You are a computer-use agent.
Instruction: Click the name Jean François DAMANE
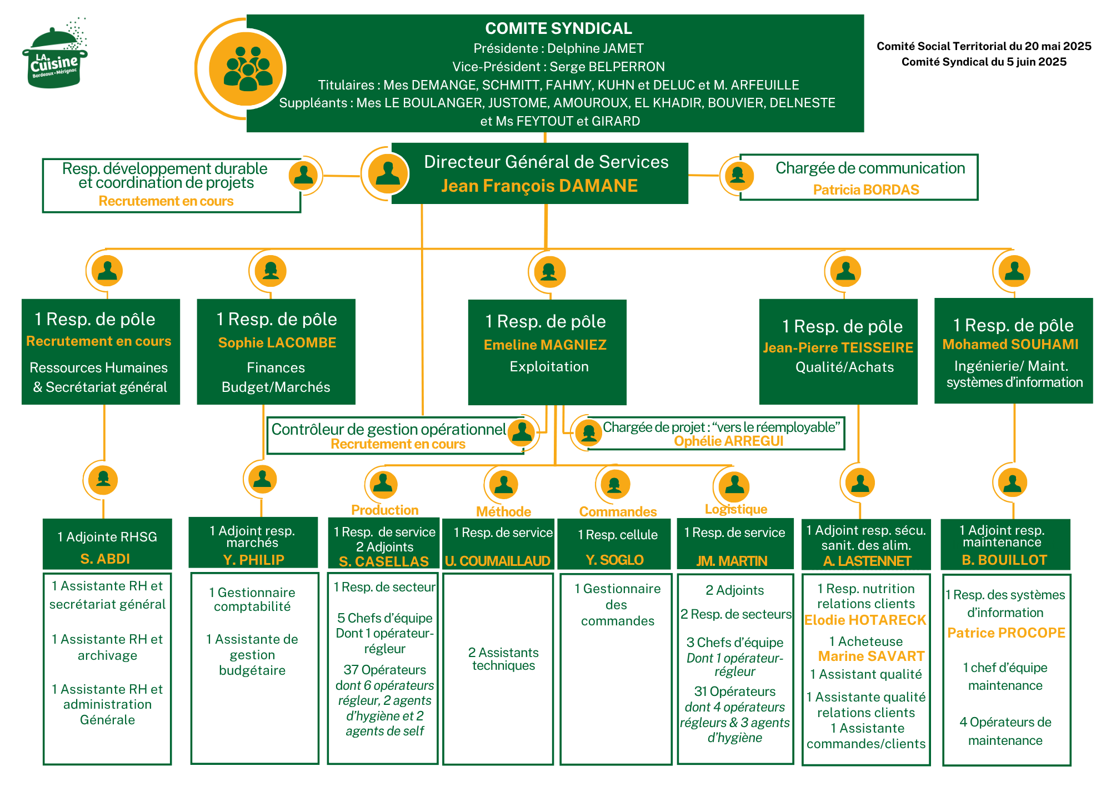(x=539, y=186)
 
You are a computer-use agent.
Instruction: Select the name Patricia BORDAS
(x=866, y=190)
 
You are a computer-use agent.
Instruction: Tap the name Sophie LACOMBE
(x=277, y=342)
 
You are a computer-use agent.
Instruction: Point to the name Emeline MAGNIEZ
(x=545, y=345)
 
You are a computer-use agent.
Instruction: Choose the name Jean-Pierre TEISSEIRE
(x=838, y=347)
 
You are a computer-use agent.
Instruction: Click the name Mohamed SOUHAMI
(x=1010, y=344)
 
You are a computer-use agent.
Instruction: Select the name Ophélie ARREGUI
(x=728, y=441)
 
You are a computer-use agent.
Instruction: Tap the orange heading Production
(x=385, y=510)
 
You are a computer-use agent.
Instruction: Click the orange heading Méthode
(x=503, y=511)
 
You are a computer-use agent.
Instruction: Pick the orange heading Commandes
(x=618, y=511)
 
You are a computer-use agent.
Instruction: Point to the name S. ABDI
(x=105, y=559)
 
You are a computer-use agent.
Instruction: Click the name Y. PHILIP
(x=253, y=560)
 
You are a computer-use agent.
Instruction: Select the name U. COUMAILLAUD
(x=498, y=561)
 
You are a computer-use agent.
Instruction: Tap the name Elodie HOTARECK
(x=865, y=620)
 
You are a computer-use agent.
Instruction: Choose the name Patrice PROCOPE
(x=1006, y=633)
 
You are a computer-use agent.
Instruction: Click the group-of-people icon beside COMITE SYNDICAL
(x=248, y=69)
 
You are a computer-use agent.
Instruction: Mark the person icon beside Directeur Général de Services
(x=388, y=173)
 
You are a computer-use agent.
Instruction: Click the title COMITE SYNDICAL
(x=558, y=28)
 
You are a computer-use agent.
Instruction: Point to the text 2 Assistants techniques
(x=503, y=659)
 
